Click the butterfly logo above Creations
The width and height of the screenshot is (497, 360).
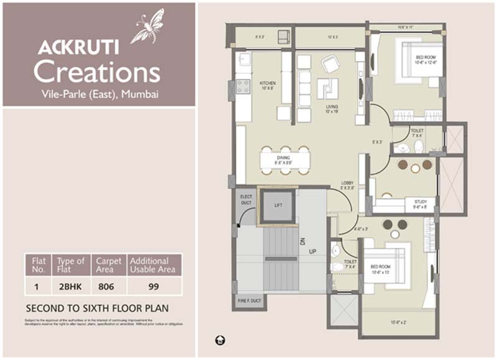(147, 27)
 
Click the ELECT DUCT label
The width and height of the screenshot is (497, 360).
(245, 199)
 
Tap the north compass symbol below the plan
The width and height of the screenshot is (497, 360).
(219, 340)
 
